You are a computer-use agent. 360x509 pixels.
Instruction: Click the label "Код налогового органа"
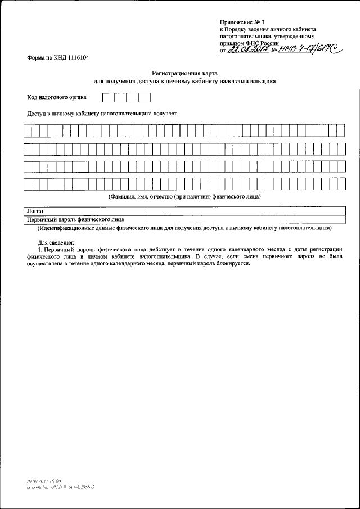(x=57, y=97)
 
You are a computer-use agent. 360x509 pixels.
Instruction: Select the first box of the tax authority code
(x=108, y=97)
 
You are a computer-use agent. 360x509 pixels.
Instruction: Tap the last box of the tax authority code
(x=145, y=97)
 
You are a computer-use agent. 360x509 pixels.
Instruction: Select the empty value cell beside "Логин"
(x=246, y=211)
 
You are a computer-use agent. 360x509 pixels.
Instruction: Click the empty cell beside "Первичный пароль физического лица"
(x=246, y=219)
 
